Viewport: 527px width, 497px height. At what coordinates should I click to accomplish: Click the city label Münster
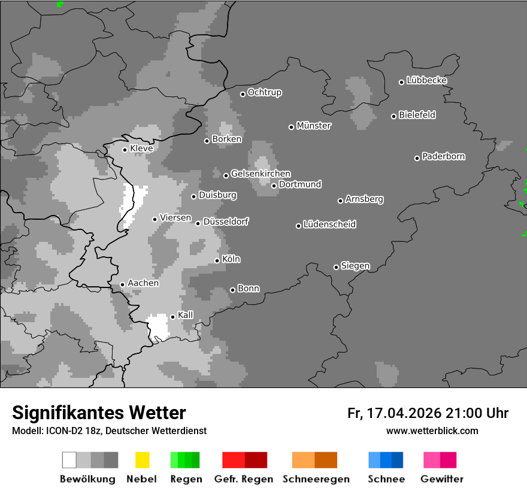tap(314, 126)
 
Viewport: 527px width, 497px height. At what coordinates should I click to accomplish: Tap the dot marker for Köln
tap(217, 260)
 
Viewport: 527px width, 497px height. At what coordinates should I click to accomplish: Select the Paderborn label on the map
tap(444, 157)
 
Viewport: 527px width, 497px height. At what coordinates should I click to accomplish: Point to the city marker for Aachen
tap(123, 284)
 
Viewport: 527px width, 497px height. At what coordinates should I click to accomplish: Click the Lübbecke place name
tap(427, 80)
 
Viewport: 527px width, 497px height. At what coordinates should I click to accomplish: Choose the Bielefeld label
tap(417, 115)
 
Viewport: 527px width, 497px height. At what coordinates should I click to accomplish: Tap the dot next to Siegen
tap(337, 267)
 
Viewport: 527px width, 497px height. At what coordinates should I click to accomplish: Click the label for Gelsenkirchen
tap(261, 174)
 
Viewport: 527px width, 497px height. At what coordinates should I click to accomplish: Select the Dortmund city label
tap(300, 184)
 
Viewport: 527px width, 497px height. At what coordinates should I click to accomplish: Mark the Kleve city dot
tap(125, 150)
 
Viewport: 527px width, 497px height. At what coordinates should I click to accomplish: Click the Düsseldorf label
tap(226, 222)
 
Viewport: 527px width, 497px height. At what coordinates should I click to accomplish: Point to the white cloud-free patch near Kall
tap(159, 326)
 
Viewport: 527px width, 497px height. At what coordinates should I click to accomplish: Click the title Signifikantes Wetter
tap(99, 413)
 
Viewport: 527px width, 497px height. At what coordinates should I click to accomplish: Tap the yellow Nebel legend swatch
tap(143, 460)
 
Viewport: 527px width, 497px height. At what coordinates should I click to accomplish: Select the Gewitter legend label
tap(442, 479)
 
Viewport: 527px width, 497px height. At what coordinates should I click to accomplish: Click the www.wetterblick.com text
tap(432, 431)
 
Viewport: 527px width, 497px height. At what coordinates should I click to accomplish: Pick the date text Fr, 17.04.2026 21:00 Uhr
tap(428, 413)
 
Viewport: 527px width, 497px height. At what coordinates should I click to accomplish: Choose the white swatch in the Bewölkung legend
tap(69, 460)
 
